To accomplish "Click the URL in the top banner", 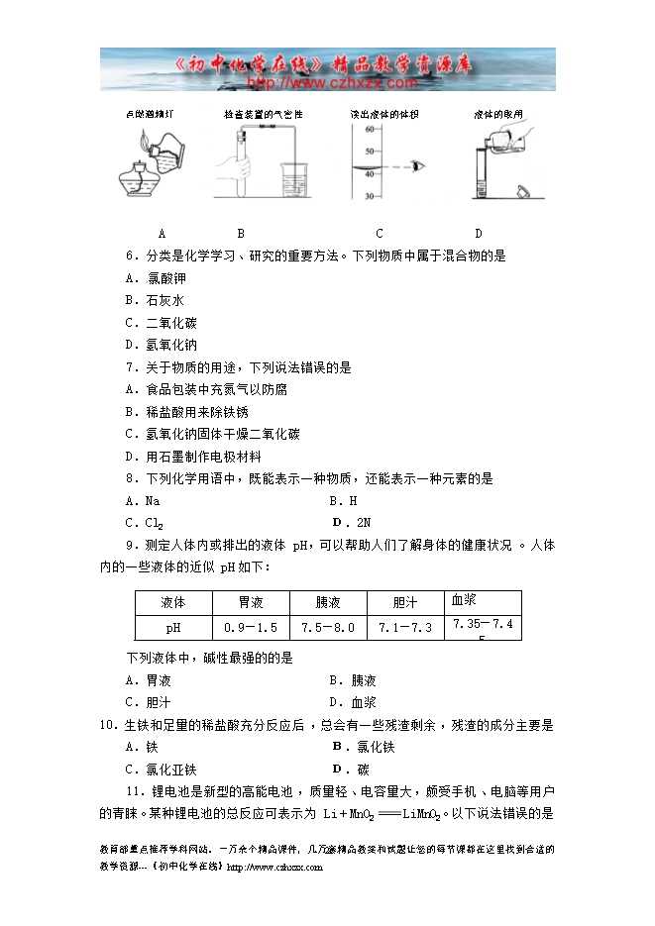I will click(x=326, y=83).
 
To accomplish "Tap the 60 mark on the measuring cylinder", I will click(x=368, y=129).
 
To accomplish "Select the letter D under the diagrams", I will click(x=478, y=234).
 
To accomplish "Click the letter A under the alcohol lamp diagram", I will click(x=161, y=234).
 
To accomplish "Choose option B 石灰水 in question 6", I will click(x=155, y=300).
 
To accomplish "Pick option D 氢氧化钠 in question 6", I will click(x=161, y=345).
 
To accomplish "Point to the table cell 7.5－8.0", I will click(x=328, y=628).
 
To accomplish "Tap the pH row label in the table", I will click(x=173, y=628).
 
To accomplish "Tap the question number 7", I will click(x=131, y=367).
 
